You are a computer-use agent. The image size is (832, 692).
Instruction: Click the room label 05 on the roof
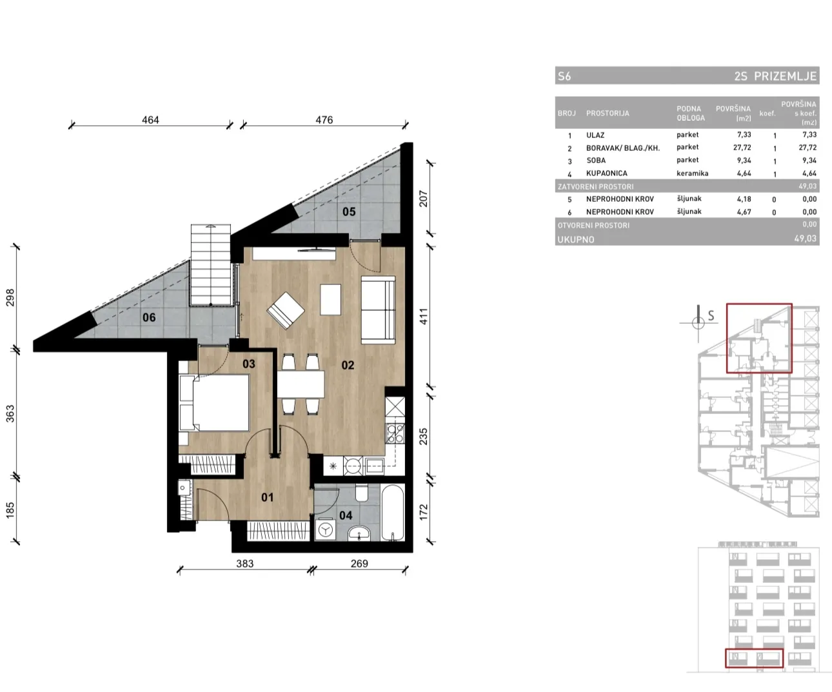pos(349,212)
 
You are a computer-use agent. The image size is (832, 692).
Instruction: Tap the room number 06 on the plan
pos(149,317)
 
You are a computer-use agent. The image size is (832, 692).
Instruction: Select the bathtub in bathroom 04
pos(393,512)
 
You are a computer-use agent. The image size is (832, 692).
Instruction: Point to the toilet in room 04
pos(362,493)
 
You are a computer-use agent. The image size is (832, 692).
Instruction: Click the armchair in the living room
pos(286,310)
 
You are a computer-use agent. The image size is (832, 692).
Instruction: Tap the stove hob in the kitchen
pos(395,434)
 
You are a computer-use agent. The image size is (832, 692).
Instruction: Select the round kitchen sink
pos(353,466)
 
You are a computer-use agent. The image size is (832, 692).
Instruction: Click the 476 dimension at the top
pos(324,120)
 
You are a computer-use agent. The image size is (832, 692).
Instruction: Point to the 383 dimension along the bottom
pos(244,563)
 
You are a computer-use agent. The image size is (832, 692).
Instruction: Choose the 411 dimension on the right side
pos(423,316)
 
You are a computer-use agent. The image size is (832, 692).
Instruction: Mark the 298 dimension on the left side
pos(10,297)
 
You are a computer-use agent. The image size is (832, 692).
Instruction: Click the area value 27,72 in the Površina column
pos(742,148)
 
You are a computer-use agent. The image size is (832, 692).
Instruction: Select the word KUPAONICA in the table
pos(606,173)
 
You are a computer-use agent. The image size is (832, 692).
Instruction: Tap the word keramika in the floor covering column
pos(693,173)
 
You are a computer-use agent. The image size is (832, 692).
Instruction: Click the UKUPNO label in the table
pos(576,239)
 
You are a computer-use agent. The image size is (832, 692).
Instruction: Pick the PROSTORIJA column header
pos(608,113)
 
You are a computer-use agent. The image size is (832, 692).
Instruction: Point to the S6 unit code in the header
pos(564,76)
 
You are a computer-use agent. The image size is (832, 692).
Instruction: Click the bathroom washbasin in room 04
pos(359,533)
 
